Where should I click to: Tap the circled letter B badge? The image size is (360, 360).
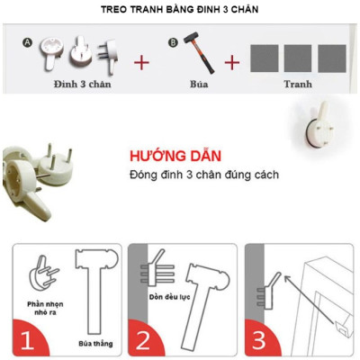[173, 41]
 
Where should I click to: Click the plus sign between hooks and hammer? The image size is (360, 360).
[141, 63]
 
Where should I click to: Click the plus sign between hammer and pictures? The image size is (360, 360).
[232, 63]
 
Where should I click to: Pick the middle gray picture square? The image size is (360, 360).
[297, 58]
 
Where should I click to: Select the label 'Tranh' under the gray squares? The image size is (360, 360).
[297, 85]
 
